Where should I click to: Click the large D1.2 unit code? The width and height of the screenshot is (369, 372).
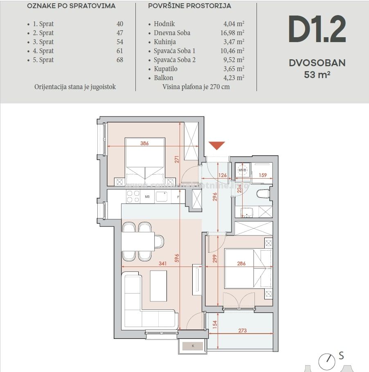tap(317, 30)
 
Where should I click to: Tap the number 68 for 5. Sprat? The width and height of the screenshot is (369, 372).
tap(119, 60)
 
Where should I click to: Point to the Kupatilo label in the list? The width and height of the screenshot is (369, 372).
tap(166, 69)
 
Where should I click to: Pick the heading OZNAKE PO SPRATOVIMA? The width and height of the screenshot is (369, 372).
tap(71, 6)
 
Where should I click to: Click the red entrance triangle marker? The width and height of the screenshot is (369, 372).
tap(216, 145)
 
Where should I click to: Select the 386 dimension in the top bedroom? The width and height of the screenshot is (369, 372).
tap(144, 143)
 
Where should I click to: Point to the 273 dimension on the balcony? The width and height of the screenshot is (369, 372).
tap(242, 330)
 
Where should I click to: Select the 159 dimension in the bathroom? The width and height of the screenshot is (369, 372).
tap(263, 176)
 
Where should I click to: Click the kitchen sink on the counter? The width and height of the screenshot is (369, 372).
tap(161, 197)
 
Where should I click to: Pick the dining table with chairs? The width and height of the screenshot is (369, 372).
tap(138, 241)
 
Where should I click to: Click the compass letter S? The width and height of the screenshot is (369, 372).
tap(341, 356)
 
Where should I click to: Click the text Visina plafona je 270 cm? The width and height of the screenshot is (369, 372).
tap(196, 87)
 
